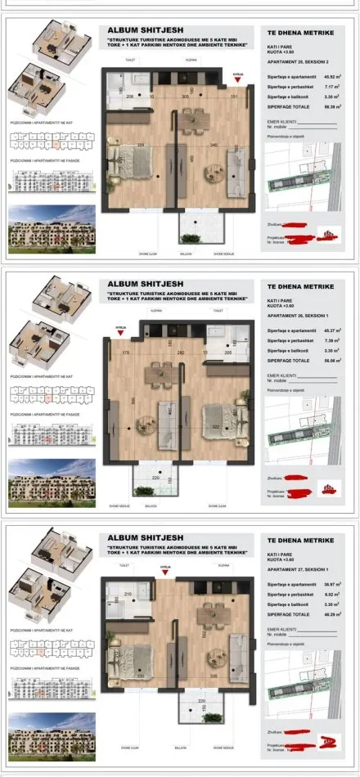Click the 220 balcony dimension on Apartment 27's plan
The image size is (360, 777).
pyautogui.click(x=202, y=701)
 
